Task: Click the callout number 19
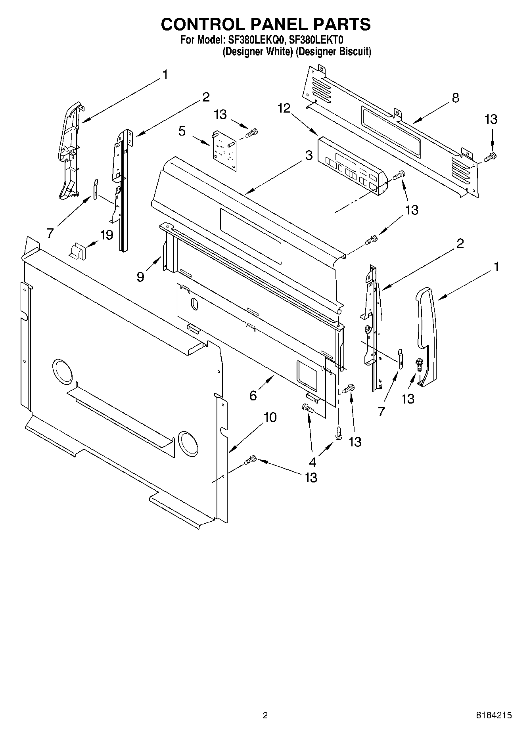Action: click(107, 235)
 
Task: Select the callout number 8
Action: click(455, 98)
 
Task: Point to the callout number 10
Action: click(270, 417)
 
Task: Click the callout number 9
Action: click(140, 277)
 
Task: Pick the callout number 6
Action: click(253, 395)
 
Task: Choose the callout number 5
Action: click(182, 131)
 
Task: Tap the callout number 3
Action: click(309, 156)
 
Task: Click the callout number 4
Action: click(312, 462)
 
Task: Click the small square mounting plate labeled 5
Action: click(224, 151)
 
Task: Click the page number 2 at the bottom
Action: click(265, 715)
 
